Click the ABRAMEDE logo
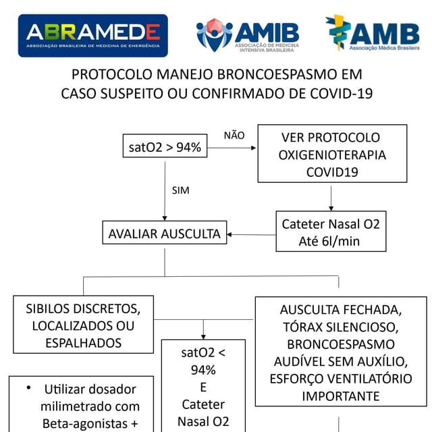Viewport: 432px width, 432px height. click(x=92, y=35)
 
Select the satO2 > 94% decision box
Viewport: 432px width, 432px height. click(x=165, y=147)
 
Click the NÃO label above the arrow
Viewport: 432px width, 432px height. click(x=234, y=135)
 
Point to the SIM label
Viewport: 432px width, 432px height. click(x=181, y=190)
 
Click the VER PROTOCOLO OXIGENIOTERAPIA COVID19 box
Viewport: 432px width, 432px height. click(x=332, y=155)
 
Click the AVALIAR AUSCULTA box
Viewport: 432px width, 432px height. click(x=164, y=234)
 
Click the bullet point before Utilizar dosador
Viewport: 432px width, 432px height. click(x=28, y=389)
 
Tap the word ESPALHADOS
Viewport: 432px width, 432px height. click(x=83, y=343)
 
